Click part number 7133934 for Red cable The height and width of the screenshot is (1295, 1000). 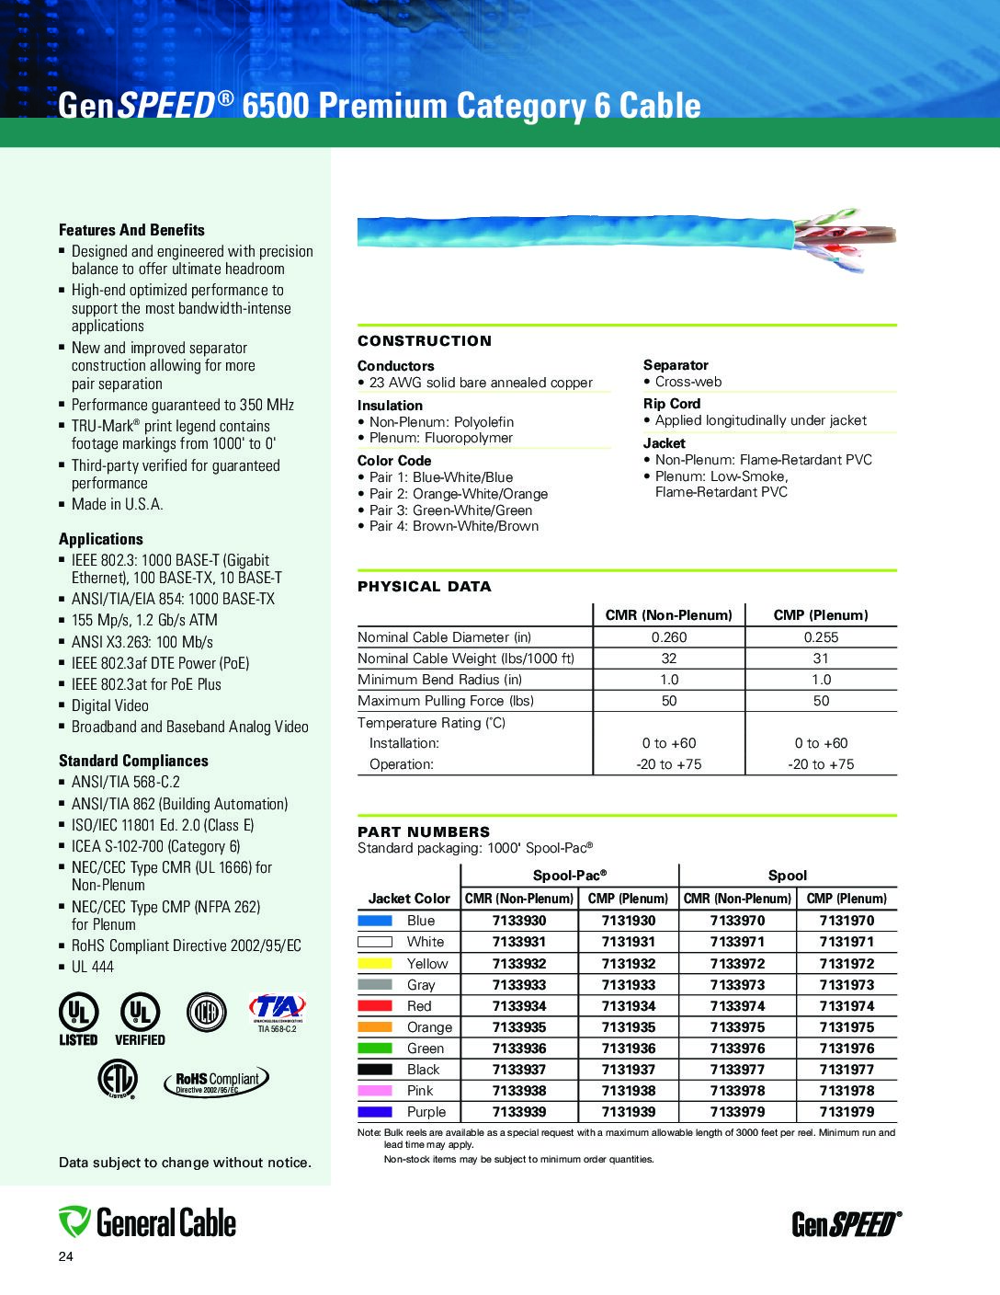click(x=518, y=1006)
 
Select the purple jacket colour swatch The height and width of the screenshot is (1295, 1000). click(x=374, y=1112)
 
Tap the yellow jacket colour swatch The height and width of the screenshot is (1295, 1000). click(x=374, y=964)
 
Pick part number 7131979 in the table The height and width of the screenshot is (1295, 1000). click(x=847, y=1112)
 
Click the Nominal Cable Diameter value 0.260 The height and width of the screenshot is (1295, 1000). click(x=668, y=637)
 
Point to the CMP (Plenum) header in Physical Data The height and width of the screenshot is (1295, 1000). click(x=820, y=615)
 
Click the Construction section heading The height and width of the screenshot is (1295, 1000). click(x=425, y=341)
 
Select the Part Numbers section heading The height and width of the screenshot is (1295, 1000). click(x=424, y=831)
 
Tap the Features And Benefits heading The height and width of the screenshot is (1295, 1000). click(x=131, y=230)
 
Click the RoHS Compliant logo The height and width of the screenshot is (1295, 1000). click(x=218, y=1082)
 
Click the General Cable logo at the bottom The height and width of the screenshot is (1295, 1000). click(x=148, y=1222)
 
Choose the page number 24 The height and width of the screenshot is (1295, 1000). click(x=65, y=1257)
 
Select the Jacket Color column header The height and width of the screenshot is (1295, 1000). click(x=409, y=899)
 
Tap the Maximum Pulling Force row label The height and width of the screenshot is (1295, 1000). click(x=445, y=701)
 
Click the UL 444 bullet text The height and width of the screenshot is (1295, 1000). click(x=93, y=967)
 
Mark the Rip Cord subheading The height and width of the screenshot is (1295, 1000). click(x=671, y=404)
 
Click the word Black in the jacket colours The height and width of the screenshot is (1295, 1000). click(x=423, y=1070)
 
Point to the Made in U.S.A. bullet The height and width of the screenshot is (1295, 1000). click(x=117, y=504)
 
